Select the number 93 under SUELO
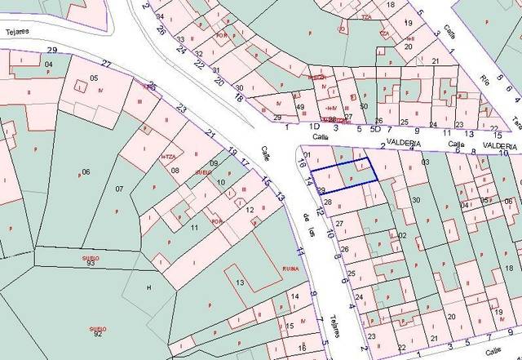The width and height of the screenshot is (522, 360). tap(91, 264)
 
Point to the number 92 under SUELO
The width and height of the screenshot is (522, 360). tap(98, 334)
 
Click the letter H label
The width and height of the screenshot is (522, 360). tap(148, 288)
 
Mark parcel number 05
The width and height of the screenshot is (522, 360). tap(94, 78)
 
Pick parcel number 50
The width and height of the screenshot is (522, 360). tap(364, 105)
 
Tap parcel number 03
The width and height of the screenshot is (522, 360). tap(424, 162)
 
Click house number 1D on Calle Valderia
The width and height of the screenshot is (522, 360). tap(314, 127)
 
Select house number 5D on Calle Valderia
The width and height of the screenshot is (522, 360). tap(375, 128)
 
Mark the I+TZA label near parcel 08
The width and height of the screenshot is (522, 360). tap(169, 157)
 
